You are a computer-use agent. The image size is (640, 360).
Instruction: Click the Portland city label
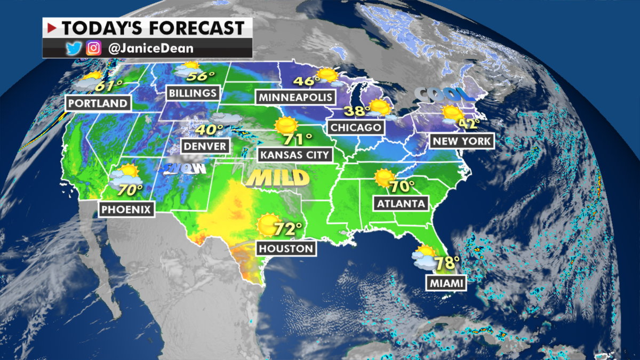(98, 103)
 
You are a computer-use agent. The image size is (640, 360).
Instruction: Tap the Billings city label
(193, 93)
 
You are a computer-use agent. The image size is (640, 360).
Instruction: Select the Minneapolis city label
(296, 97)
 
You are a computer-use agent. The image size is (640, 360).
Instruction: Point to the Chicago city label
(356, 127)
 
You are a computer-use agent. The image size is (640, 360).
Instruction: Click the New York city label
(462, 141)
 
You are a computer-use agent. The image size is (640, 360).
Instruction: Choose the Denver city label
(205, 146)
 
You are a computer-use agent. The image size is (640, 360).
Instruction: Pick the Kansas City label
(294, 155)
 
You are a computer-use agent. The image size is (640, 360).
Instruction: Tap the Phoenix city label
(127, 209)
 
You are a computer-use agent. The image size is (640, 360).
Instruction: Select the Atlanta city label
(401, 203)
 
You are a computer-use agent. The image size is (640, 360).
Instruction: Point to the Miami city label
(445, 283)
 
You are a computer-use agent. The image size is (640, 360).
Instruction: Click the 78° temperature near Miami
(447, 263)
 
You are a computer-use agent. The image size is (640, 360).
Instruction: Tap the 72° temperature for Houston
(289, 230)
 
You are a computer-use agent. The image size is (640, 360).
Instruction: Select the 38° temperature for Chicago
(357, 111)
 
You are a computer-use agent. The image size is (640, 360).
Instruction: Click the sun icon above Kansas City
(286, 126)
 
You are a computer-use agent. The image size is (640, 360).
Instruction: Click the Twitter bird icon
(74, 48)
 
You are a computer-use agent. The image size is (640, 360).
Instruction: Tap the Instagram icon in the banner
(94, 48)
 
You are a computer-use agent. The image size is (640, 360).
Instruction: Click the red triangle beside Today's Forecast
(52, 27)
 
